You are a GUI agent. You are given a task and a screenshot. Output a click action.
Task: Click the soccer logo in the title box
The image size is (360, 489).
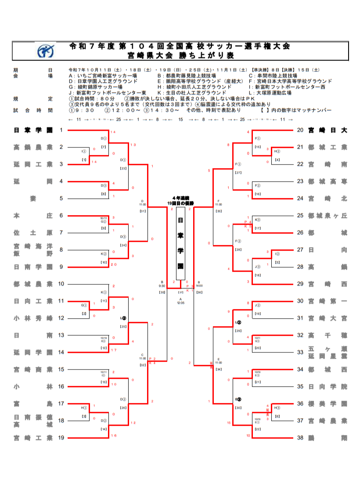[x=45, y=50]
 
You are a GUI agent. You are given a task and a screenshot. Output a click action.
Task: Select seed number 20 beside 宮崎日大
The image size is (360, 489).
[x=300, y=130]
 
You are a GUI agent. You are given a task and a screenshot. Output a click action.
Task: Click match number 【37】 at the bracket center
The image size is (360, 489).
[x=180, y=291]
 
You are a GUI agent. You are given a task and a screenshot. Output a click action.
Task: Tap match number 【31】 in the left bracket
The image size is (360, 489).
[x=143, y=211]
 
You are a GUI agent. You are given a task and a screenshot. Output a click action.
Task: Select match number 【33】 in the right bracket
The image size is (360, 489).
[x=218, y=211]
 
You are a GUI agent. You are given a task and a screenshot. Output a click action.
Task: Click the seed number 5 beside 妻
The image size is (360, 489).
[x=61, y=198]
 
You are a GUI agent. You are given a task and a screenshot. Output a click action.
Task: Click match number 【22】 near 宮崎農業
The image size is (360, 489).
[x=258, y=429]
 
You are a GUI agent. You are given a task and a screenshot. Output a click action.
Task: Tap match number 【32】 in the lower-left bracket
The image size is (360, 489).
[x=143, y=365]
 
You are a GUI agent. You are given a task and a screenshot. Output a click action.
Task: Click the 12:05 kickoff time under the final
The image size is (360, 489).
[x=180, y=303]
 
